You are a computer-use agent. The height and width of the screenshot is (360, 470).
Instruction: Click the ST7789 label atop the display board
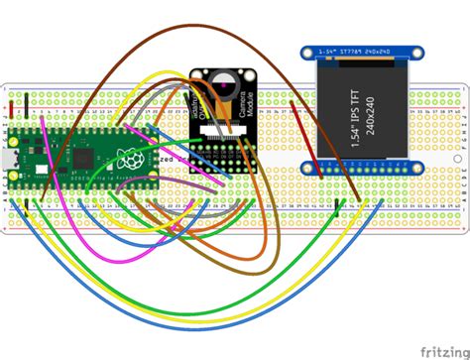click(x=359, y=51)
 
